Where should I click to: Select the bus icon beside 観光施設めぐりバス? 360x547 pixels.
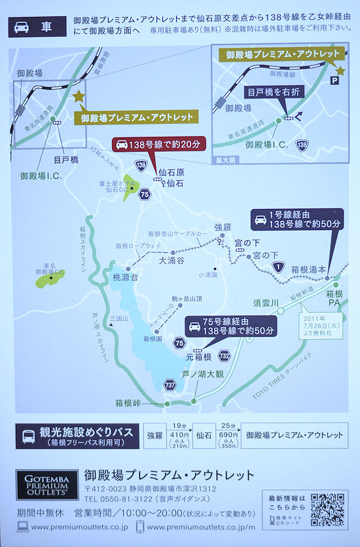click(x=29, y=437)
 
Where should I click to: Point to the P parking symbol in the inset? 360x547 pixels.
click(x=335, y=80)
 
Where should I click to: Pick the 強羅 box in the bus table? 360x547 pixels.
click(x=154, y=435)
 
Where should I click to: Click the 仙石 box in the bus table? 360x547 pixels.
click(x=203, y=435)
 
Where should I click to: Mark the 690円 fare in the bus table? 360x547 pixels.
click(x=226, y=435)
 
